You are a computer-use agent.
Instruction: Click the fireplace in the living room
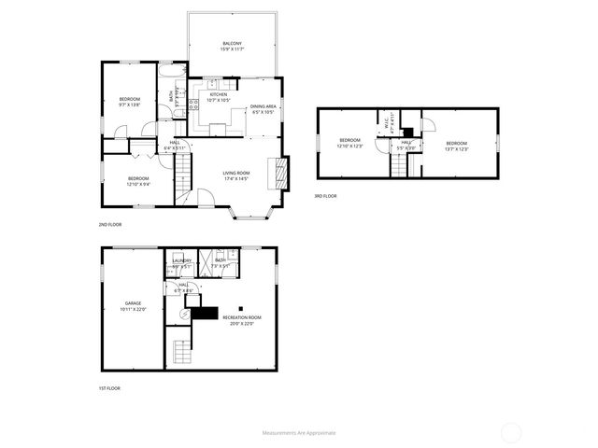(279, 173)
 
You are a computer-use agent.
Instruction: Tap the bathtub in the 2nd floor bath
(174, 72)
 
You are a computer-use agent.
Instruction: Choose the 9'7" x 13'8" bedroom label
(129, 102)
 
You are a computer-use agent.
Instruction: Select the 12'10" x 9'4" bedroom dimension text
(137, 184)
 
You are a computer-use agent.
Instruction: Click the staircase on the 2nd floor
(184, 172)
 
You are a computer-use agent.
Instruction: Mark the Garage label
(134, 306)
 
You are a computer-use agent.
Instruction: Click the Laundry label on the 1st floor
(181, 263)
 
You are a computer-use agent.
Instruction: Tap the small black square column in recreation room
(240, 308)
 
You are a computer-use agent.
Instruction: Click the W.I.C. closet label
(386, 120)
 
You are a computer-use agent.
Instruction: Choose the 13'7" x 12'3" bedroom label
(456, 146)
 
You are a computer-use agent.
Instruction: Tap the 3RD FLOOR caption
(325, 196)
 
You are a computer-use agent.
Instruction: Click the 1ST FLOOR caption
(109, 388)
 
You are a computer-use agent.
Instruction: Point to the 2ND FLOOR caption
(109, 225)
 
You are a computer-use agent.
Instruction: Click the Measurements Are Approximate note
(299, 433)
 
